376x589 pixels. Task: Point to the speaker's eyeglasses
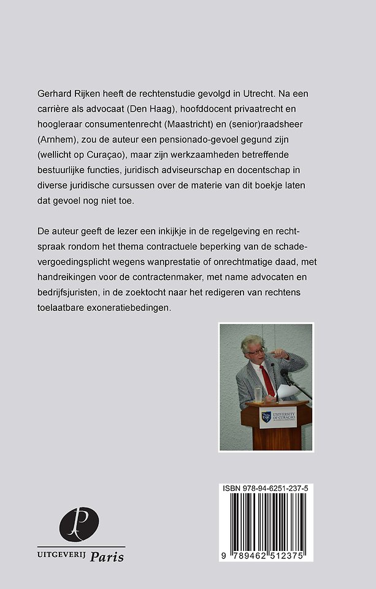[x=257, y=351]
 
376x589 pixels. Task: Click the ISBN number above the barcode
[x=266, y=489]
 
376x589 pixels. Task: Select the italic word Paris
[x=107, y=557]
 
